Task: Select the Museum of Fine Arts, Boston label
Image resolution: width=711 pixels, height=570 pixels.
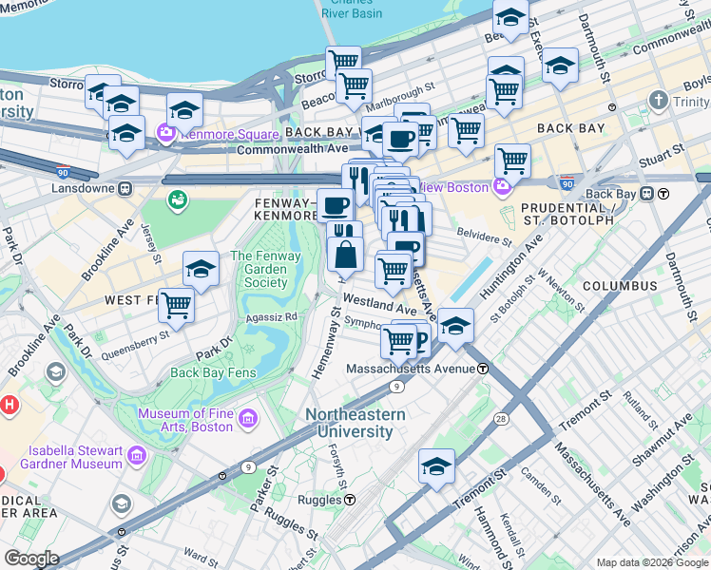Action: pos(184,420)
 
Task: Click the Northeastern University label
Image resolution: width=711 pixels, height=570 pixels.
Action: pos(355,423)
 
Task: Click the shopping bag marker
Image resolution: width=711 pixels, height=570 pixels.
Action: pos(345,255)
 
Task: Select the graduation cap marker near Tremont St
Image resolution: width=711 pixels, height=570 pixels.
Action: pos(436,466)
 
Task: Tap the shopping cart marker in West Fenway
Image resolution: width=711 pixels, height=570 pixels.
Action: pos(176,305)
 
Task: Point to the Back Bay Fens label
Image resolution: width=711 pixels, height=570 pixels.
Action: pos(213,372)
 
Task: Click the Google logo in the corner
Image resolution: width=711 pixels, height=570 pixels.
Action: pos(31,559)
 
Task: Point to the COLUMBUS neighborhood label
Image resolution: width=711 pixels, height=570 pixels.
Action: pos(619,285)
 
